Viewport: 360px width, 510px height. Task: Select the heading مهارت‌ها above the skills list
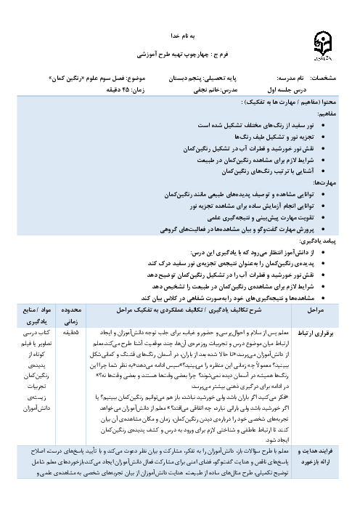(x=328, y=184)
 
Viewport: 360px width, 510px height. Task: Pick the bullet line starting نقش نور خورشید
(x=252, y=149)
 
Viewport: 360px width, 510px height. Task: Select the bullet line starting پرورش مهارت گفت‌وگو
(x=241, y=230)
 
